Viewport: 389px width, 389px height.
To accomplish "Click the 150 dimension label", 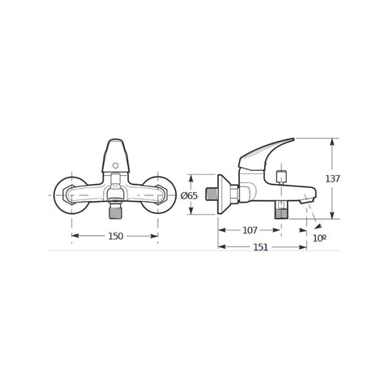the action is [x=116, y=236].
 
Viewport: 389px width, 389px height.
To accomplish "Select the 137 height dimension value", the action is [x=332, y=178].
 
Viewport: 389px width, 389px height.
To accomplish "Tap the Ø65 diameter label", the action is [x=189, y=195].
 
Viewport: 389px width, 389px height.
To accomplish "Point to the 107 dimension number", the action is [x=250, y=230].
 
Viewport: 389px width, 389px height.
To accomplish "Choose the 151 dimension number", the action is [x=260, y=247].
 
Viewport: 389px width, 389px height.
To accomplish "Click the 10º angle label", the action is [x=320, y=238].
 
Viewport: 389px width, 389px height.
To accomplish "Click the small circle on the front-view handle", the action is [x=115, y=165].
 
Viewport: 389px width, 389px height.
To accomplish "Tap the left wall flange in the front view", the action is [x=71, y=195].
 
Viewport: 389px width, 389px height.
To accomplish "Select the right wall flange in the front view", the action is [x=159, y=195].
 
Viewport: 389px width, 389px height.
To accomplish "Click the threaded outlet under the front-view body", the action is [x=115, y=211].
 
